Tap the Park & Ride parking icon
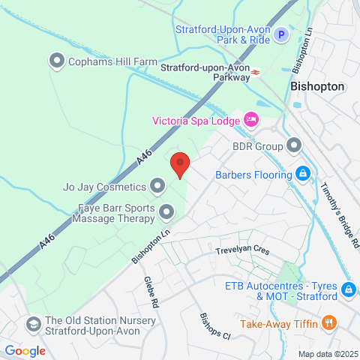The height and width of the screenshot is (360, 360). (x=281, y=34)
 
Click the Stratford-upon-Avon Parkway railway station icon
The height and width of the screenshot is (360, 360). (x=256, y=72)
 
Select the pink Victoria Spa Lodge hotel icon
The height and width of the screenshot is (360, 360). (x=251, y=119)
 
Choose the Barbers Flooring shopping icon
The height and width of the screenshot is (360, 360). (x=301, y=174)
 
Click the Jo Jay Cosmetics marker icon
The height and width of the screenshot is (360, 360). (x=157, y=184)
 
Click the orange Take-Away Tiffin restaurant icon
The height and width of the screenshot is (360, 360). (x=328, y=323)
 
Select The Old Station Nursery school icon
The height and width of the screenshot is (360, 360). (x=33, y=324)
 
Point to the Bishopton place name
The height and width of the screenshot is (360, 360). (x=317, y=86)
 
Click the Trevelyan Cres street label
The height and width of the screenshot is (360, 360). (x=241, y=251)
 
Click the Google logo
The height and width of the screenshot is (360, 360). (x=25, y=350)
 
